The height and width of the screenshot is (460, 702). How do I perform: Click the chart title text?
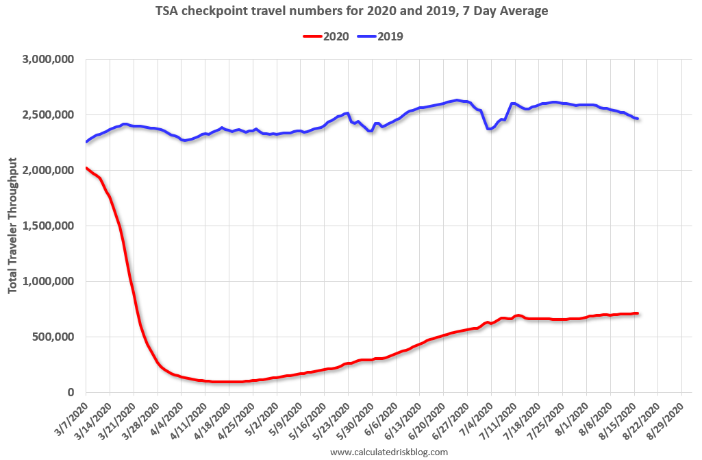coord(351,11)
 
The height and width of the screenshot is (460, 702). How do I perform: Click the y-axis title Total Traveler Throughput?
coord(13,226)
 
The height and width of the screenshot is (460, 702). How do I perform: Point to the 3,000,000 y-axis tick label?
coord(49,60)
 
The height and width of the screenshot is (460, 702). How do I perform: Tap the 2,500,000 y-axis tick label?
coord(49,115)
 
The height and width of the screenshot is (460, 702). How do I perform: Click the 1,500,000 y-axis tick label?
coord(49,226)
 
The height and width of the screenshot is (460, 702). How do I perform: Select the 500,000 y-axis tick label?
coord(54,337)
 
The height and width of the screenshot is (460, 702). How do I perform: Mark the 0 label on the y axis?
coord(71,393)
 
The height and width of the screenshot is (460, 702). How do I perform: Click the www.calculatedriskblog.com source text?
coord(389,452)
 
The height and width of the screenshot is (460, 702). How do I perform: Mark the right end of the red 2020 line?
coord(638,313)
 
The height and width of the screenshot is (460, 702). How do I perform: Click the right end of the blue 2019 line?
coord(638,119)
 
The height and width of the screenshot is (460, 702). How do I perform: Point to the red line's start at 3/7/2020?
coord(86,167)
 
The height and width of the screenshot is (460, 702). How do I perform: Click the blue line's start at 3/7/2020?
coord(86,142)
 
